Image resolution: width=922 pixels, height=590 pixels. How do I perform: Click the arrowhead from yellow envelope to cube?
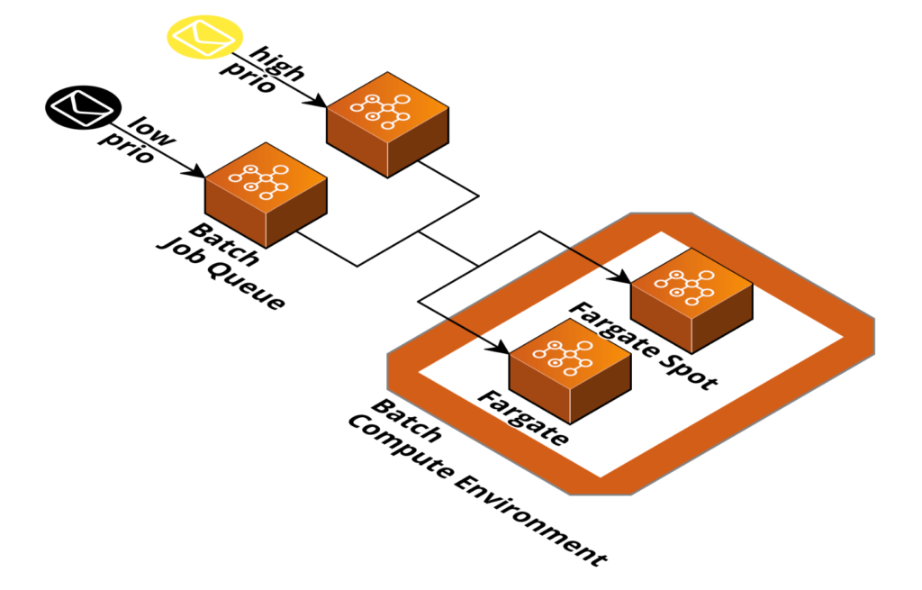click(319, 103)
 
